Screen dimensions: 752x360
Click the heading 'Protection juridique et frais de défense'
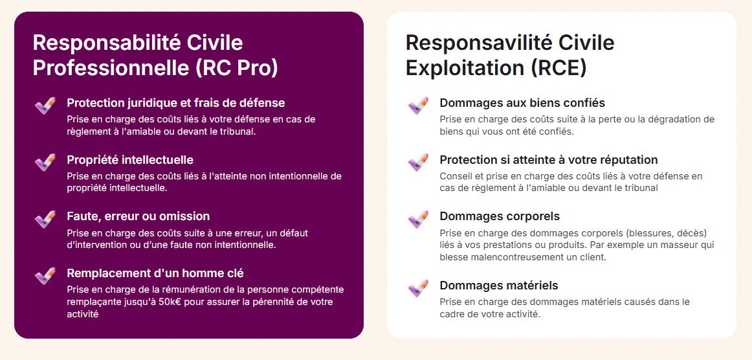tap(176, 103)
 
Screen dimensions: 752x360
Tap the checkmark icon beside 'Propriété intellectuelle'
tap(45, 163)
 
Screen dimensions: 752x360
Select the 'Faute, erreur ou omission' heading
tap(138, 216)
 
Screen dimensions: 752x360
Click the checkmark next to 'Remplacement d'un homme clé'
tap(45, 276)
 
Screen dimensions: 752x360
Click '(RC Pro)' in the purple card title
tap(237, 68)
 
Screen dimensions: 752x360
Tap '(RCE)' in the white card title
tap(558, 68)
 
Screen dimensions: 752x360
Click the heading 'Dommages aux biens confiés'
tap(522, 103)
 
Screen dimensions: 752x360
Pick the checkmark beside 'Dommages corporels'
tap(417, 219)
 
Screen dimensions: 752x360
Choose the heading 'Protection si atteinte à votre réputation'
tap(549, 160)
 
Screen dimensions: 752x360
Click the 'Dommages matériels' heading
tap(499, 286)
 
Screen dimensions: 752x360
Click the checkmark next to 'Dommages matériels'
tap(417, 288)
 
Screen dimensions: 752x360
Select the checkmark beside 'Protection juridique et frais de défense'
tap(45, 106)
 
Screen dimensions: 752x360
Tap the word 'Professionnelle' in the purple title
tap(111, 68)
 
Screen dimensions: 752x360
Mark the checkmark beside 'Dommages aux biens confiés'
tap(417, 106)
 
